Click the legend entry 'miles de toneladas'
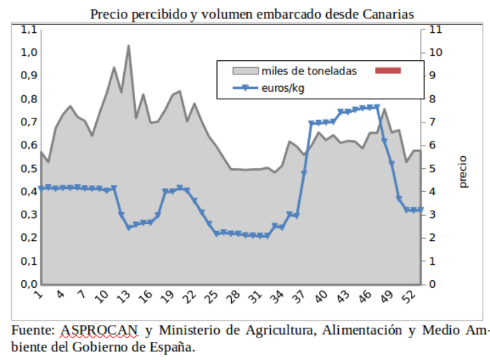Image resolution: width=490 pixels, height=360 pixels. pos(309,71)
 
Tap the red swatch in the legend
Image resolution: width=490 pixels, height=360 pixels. pos(388,71)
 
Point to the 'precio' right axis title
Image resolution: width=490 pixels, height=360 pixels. pos(463,172)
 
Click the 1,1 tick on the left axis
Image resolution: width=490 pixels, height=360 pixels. pos(29,29)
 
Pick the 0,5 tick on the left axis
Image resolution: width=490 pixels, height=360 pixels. pos(29,169)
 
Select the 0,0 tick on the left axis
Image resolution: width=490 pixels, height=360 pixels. pos(29,284)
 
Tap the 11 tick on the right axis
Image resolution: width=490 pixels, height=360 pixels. pos(435,29)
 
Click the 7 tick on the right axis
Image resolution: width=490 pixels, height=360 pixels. pos(433,123)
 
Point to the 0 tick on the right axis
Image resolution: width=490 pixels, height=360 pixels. pos(433,284)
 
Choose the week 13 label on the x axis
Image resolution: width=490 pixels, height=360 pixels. pos(125,298)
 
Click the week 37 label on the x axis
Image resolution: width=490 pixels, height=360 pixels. pos(299,298)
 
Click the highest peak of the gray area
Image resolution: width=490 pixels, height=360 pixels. pos(129,46)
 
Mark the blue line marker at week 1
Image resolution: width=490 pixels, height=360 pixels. pos(41,188)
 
